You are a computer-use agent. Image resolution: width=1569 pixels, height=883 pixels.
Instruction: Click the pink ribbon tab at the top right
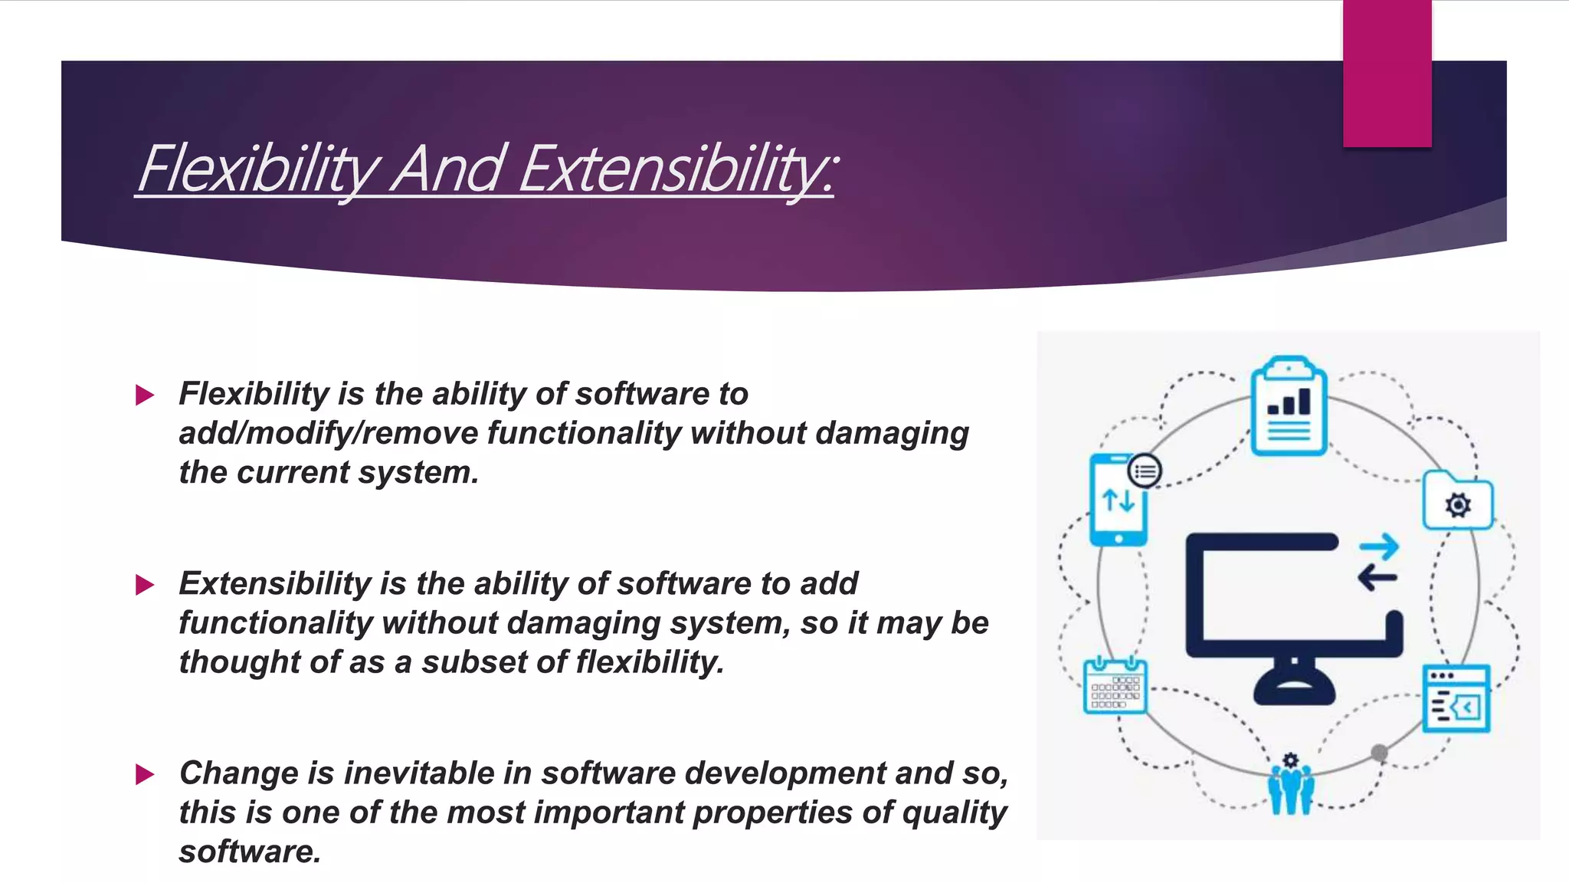tap(1387, 73)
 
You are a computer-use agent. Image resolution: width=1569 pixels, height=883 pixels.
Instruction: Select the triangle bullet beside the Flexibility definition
tap(145, 396)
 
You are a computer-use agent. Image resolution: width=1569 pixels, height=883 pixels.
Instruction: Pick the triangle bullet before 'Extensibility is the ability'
tap(145, 586)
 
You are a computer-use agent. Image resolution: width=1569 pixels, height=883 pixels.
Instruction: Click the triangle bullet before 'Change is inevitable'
tap(145, 774)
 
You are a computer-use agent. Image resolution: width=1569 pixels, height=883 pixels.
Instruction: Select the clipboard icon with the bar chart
tap(1289, 407)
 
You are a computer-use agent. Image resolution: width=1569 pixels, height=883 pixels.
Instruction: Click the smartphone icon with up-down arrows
tap(1119, 500)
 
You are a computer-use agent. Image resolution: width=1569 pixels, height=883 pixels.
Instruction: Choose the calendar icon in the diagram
tap(1115, 686)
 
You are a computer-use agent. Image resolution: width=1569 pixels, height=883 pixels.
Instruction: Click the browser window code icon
tap(1456, 698)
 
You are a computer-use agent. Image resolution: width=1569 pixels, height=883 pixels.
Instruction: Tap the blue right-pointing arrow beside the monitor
tap(1379, 547)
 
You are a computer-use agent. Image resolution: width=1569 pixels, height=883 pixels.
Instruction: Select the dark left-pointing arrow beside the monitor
tap(1377, 577)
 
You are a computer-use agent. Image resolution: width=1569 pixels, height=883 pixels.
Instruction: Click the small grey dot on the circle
tap(1379, 753)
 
